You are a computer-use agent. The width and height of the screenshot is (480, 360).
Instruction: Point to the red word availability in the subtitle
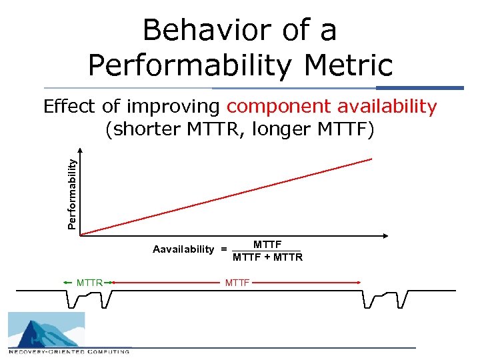coord(387,107)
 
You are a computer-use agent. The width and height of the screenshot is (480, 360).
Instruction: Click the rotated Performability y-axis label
coord(73,193)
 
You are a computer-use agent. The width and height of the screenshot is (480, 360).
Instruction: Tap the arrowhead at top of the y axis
coord(80,152)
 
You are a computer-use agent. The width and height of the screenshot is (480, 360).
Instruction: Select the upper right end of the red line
coord(371,159)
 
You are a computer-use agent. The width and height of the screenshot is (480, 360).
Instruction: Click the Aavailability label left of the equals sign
coord(183,249)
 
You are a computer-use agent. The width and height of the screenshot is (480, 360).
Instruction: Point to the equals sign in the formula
coord(223,249)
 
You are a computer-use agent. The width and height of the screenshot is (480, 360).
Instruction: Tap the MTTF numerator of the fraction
coord(267,245)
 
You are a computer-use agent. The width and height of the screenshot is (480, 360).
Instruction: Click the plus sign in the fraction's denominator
coord(268,257)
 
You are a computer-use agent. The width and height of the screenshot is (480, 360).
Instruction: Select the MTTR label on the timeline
coord(89,283)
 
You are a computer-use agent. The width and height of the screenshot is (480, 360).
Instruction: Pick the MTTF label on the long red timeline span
coord(237,283)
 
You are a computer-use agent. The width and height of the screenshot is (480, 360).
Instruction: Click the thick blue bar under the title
coord(419,88)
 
